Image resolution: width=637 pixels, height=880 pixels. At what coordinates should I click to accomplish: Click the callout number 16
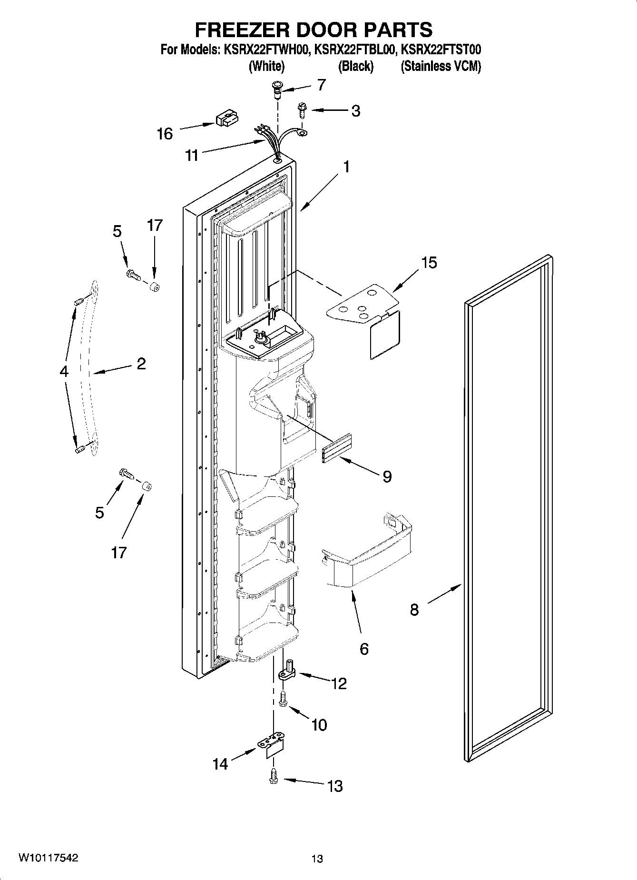coord(165,134)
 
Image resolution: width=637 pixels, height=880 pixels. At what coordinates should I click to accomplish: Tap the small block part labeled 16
coord(227,119)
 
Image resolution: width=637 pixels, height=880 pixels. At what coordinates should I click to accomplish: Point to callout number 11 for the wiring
coord(192,155)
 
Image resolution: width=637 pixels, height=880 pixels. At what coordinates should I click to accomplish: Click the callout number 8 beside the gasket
coord(414,609)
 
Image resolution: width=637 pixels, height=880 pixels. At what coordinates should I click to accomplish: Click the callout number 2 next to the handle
coord(141,364)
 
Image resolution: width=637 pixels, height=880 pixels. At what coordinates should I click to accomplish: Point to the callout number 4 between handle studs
coord(64,371)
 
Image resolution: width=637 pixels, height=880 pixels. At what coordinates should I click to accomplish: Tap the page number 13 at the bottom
coord(317,859)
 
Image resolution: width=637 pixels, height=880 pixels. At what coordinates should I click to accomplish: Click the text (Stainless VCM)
coord(441,66)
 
